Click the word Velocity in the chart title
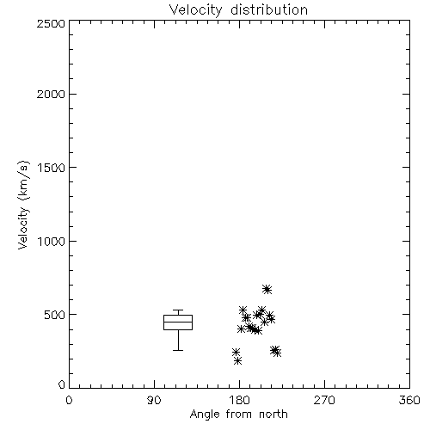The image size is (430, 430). pyautogui.click(x=196, y=10)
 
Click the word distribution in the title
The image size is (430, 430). pyautogui.click(x=269, y=9)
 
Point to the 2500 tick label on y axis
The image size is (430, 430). pyautogui.click(x=51, y=23)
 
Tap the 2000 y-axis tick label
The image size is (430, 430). pyautogui.click(x=51, y=94)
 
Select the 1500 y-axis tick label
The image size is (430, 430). pyautogui.click(x=52, y=168)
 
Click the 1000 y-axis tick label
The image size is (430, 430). pyautogui.click(x=52, y=241)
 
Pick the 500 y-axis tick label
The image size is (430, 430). pyautogui.click(x=55, y=315)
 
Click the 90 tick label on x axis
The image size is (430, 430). pyautogui.click(x=154, y=400)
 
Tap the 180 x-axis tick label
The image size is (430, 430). pyautogui.click(x=239, y=400)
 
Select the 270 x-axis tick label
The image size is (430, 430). pyautogui.click(x=324, y=400)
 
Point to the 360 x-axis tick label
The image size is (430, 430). pyautogui.click(x=409, y=400)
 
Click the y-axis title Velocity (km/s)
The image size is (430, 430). pyautogui.click(x=23, y=205)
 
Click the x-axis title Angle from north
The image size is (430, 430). pyautogui.click(x=238, y=415)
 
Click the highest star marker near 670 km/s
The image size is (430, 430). pyautogui.click(x=267, y=290)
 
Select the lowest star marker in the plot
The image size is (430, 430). pyautogui.click(x=237, y=360)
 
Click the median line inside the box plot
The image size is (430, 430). pyautogui.click(x=178, y=322)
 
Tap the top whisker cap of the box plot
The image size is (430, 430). pyautogui.click(x=178, y=310)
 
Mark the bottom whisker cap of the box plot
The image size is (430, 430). pyautogui.click(x=178, y=350)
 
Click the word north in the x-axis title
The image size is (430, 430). pyautogui.click(x=273, y=414)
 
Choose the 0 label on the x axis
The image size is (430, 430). pyautogui.click(x=69, y=400)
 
